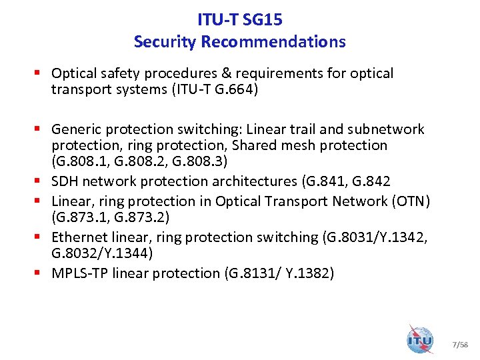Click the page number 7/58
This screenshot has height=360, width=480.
tap(460, 345)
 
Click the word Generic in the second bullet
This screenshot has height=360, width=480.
tap(75, 129)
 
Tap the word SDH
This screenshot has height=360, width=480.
tap(65, 181)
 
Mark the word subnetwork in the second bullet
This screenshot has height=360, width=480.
tap(385, 129)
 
